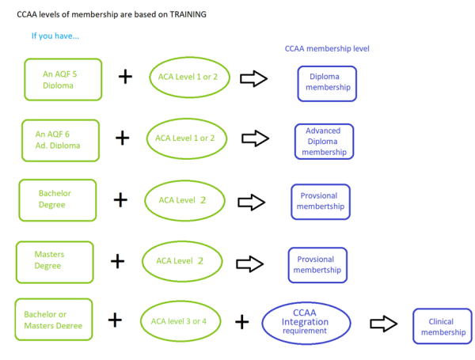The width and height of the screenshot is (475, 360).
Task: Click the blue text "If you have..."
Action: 55,36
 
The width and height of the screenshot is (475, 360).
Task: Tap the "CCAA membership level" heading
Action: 327,48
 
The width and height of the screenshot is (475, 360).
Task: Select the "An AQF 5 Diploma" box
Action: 63,79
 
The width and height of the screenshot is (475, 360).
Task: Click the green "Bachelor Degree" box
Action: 57,199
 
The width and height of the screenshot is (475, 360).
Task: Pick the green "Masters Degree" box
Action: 55,261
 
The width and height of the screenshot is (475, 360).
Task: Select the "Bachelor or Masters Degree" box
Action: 53,320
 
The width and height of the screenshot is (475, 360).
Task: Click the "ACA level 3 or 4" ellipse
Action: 179,321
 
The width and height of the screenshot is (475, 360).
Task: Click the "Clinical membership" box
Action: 443,327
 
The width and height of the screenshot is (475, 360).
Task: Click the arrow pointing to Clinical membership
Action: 384,324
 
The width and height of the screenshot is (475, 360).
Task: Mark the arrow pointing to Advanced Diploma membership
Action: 255,138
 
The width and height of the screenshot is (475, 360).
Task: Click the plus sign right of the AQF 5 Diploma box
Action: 125,77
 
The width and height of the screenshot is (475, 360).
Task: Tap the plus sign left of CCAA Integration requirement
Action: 242,322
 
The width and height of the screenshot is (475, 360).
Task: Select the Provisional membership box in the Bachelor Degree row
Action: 320,201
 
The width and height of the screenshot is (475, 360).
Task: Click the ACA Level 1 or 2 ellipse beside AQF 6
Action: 185,138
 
